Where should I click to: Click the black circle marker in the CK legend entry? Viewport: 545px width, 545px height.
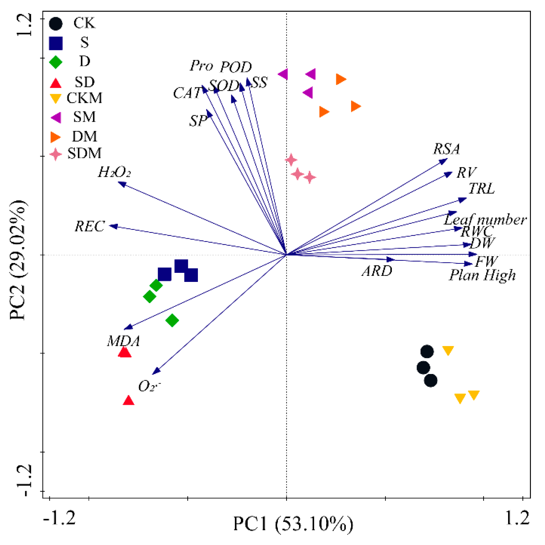[55, 24]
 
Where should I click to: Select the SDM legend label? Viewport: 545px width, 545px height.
[84, 153]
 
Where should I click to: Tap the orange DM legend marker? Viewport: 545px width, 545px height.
[55, 137]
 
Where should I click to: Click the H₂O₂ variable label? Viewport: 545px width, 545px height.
[114, 172]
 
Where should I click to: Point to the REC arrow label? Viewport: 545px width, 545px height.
[90, 226]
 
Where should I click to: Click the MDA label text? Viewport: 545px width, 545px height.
[124, 341]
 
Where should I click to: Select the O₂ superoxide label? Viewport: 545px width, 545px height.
[150, 386]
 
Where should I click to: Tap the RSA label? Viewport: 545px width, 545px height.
[447, 149]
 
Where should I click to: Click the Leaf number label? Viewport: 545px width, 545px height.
[485, 219]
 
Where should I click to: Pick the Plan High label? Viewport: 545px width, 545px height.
[483, 275]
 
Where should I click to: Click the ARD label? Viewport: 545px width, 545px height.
[377, 271]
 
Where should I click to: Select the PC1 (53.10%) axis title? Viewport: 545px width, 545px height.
[293, 523]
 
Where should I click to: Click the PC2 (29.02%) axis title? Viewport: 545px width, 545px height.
[17, 260]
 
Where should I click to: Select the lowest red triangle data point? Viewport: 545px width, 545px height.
[129, 400]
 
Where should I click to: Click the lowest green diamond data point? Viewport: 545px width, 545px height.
[172, 320]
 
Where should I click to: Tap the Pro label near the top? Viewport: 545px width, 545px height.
[201, 66]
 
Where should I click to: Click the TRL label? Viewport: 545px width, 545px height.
[481, 188]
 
